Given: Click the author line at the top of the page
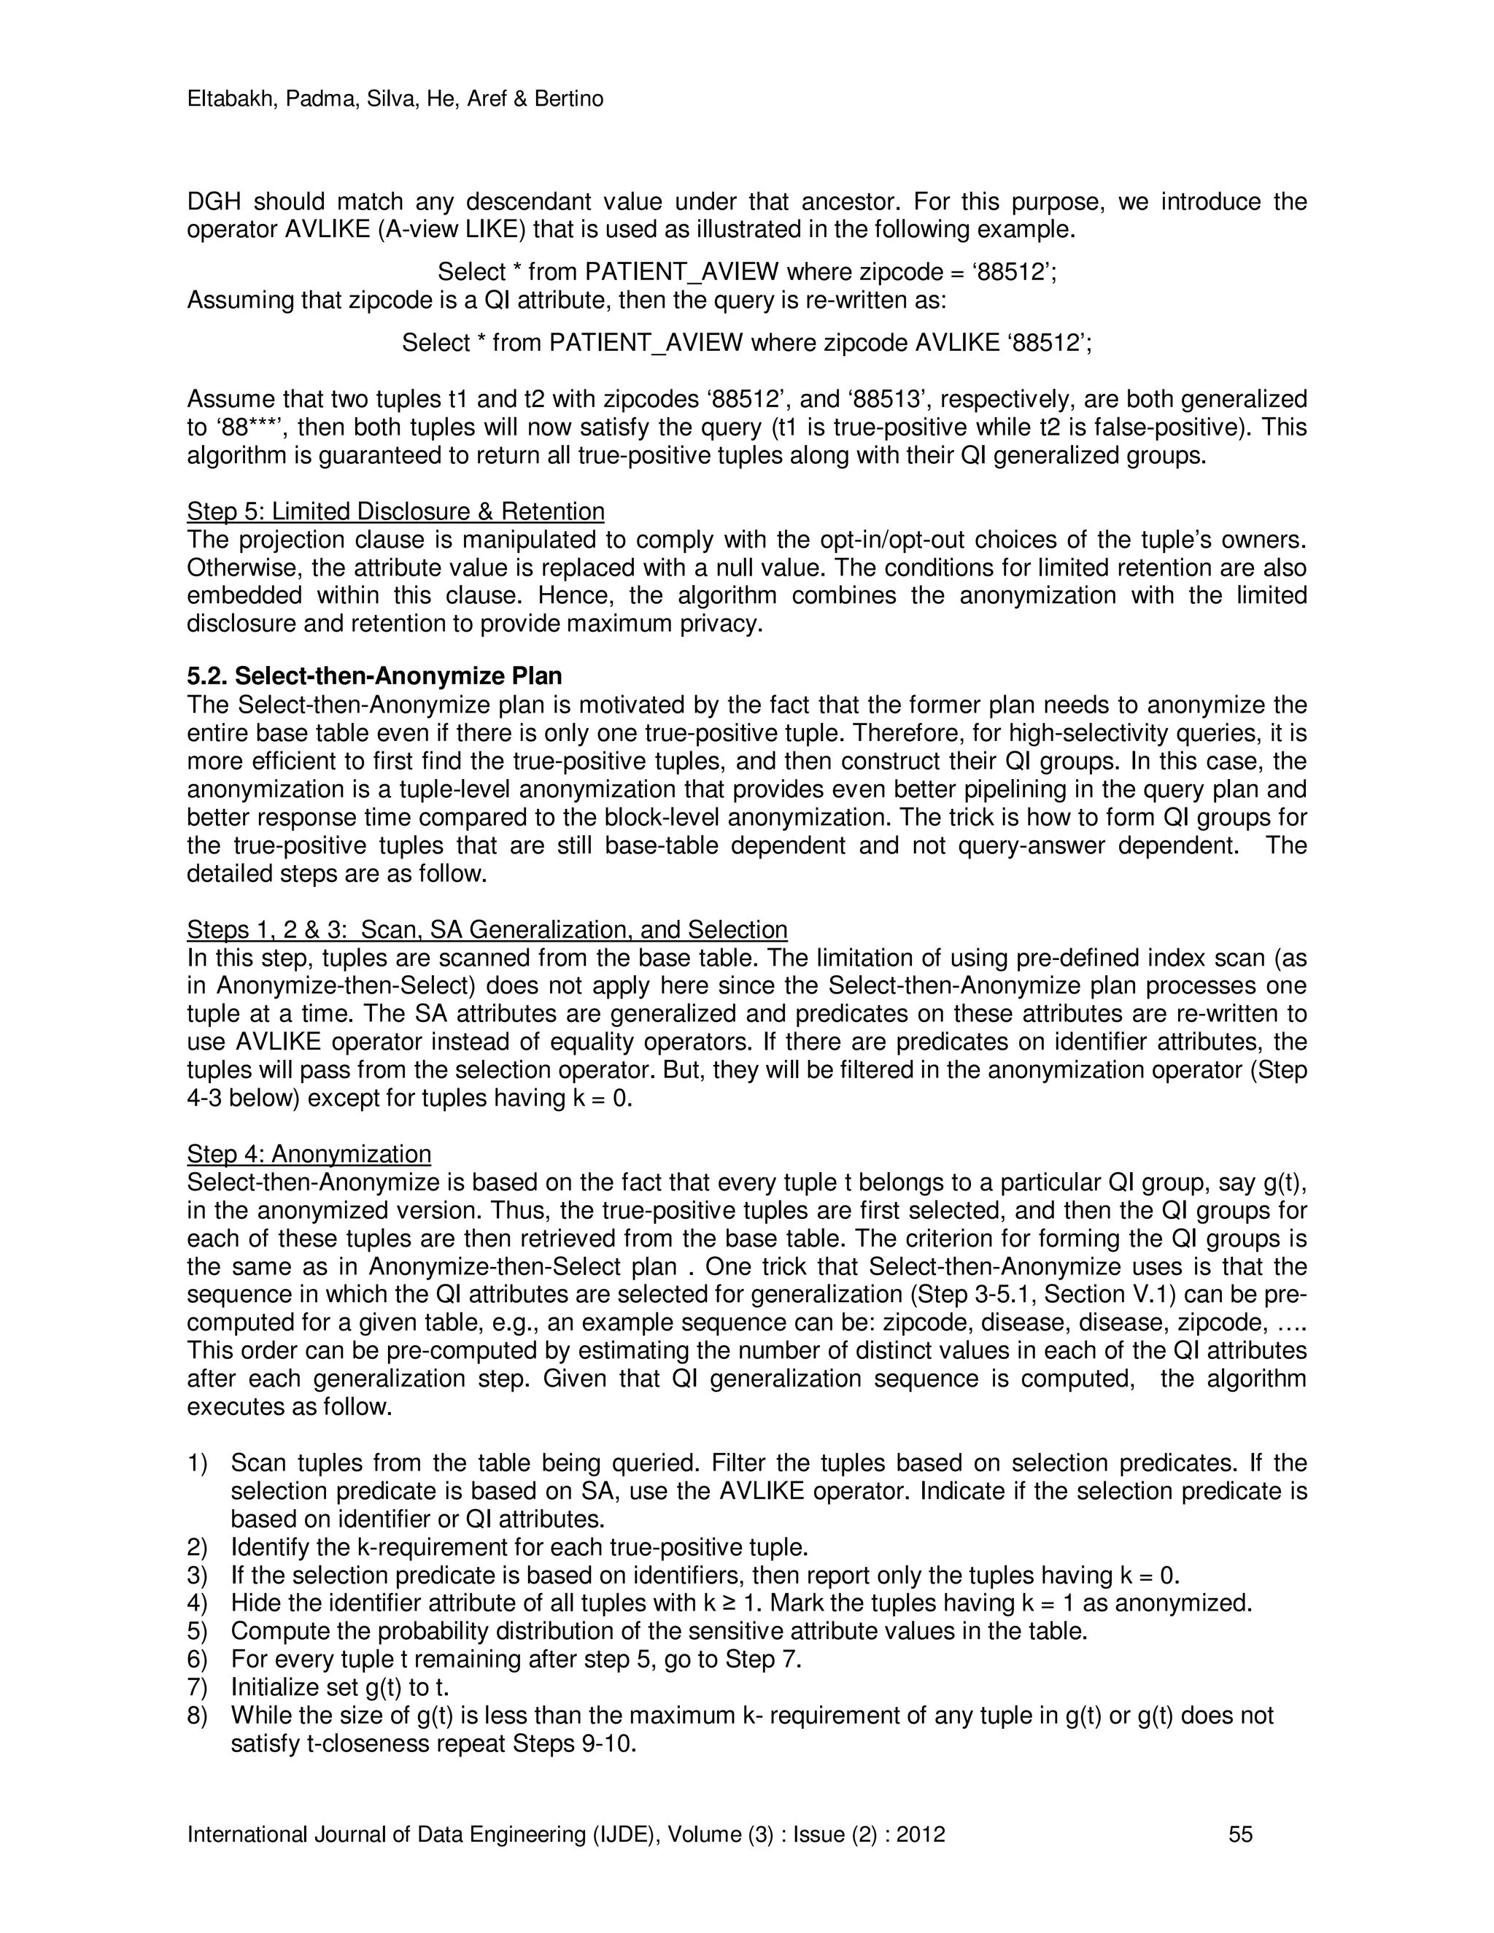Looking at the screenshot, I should click(395, 99).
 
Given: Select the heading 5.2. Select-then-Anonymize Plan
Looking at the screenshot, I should click(374, 676).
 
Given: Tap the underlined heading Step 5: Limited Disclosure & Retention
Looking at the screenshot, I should click(395, 511).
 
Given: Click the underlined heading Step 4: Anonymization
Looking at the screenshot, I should click(309, 1154).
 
